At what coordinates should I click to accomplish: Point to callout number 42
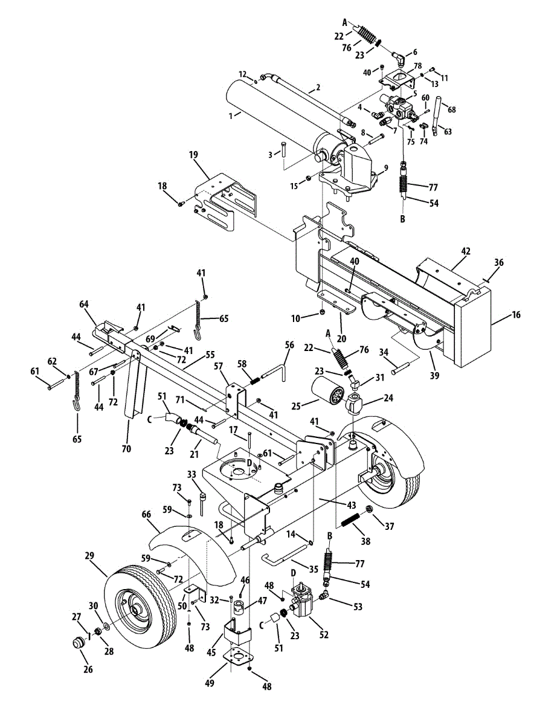pyautogui.click(x=466, y=250)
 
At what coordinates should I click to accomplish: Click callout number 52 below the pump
pyautogui.click(x=324, y=634)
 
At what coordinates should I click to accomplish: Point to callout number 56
pyautogui.click(x=289, y=344)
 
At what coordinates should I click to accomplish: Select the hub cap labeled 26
pyautogui.click(x=77, y=642)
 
